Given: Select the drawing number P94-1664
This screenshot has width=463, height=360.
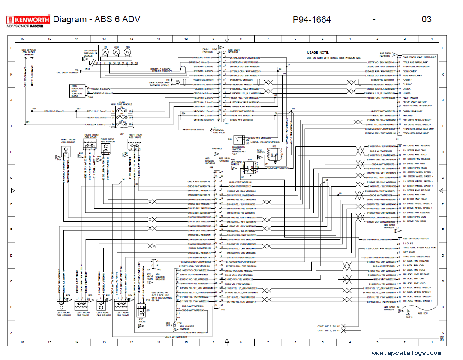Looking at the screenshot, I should pos(312,19).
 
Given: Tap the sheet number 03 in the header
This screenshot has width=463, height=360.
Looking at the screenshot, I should pos(427,19).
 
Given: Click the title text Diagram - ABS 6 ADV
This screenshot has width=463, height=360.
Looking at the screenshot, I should pos(96,19).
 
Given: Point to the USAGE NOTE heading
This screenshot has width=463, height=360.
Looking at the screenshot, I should pos(318,52).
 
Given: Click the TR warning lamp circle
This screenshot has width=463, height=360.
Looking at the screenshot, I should pos(104,52).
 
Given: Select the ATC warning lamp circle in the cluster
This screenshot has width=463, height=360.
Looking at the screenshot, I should pos(116,52).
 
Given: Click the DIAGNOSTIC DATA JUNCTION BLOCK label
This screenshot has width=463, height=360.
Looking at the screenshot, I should pos(77,91).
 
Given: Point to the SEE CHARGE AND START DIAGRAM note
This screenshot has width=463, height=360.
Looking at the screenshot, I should pos(29,53).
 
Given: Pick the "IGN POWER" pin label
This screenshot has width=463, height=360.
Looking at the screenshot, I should pos(410,71).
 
